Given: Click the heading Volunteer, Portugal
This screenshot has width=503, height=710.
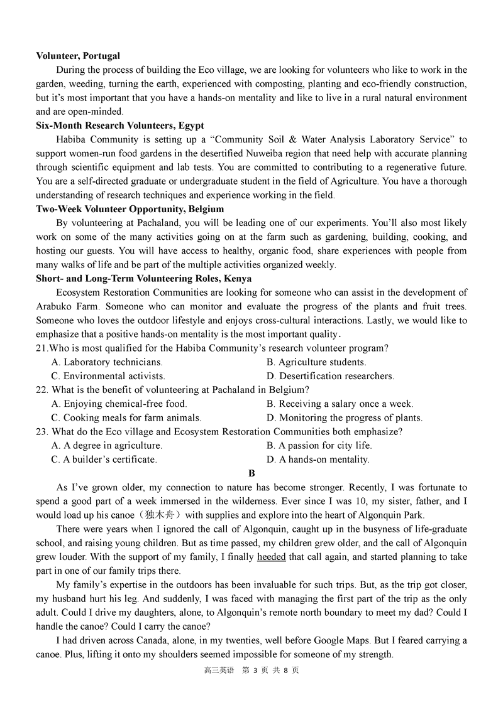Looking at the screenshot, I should coord(78,56).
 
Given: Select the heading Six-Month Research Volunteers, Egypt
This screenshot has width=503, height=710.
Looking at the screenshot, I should coord(120,126).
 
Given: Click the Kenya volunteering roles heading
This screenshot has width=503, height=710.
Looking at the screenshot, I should coord(144,279).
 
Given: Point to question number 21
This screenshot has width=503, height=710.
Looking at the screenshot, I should coord(42,348).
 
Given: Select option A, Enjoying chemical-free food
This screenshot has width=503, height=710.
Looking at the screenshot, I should coord(119,404).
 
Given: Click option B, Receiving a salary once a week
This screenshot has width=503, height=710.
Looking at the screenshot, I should coord(340,404).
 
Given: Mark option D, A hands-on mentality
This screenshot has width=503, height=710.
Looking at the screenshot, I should coord(318,460).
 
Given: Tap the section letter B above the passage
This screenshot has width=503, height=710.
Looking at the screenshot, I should coord(251,473).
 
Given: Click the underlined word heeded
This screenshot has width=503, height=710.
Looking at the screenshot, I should coord(271,557).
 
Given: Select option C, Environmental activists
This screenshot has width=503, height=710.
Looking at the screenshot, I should coord(108,376).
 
